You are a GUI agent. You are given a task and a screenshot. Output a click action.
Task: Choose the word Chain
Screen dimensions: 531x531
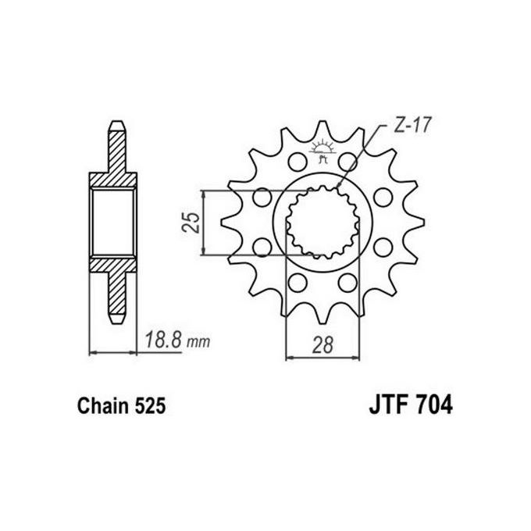(x=100, y=407)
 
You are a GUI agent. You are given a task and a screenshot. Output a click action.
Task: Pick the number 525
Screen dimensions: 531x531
(x=148, y=407)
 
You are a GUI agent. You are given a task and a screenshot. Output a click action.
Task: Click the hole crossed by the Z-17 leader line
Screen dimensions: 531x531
(x=346, y=163)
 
